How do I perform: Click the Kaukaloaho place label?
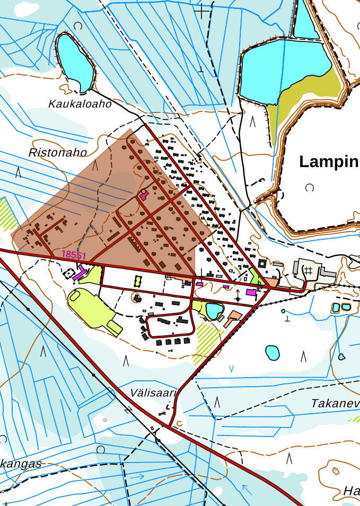pyautogui.click(x=80, y=104)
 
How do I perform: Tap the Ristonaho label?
pyautogui.click(x=57, y=153)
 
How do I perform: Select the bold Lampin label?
pyautogui.click(x=329, y=161)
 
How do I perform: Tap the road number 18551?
pyautogui.click(x=74, y=255)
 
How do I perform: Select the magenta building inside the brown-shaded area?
pyautogui.click(x=143, y=195)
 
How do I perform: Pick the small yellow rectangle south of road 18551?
pyautogui.click(x=138, y=281)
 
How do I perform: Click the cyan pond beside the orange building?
pyautogui.click(x=214, y=310)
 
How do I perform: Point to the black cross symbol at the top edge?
pyautogui.click(x=201, y=10)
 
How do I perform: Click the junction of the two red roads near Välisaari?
pyautogui.click(x=170, y=425)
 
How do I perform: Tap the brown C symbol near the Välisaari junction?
pyautogui.click(x=180, y=423)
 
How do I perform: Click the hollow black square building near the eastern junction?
pyautogui.click(x=262, y=264)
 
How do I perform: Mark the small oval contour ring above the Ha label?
pyautogui.click(x=336, y=470)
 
